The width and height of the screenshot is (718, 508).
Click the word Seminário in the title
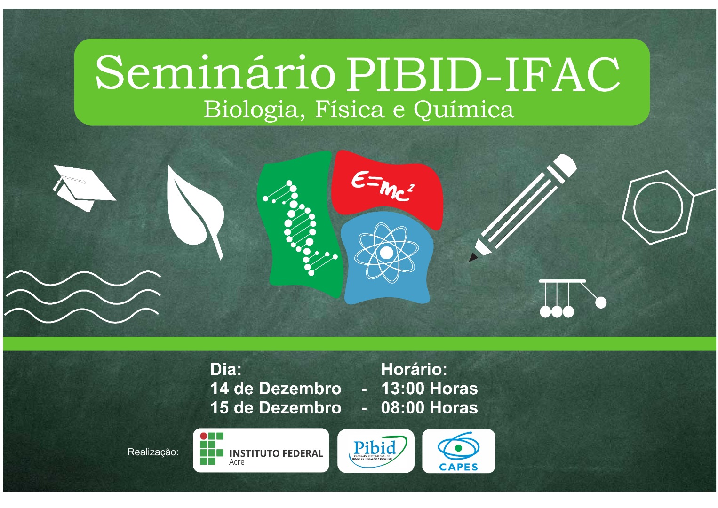[x=215, y=73]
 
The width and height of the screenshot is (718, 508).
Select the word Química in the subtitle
[x=463, y=110]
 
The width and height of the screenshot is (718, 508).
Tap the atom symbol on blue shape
[x=386, y=253]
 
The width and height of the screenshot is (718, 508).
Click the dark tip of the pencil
[x=473, y=257]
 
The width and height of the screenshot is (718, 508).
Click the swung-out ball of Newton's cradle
[x=600, y=303]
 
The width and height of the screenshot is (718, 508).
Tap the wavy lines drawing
[x=82, y=296]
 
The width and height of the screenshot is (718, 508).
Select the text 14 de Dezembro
[x=276, y=389]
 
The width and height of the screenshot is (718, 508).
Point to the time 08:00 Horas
[x=429, y=407]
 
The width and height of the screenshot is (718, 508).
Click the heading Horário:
[x=414, y=369]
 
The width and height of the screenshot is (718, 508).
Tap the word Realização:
[x=153, y=452]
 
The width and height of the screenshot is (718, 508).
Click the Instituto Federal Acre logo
[x=261, y=450]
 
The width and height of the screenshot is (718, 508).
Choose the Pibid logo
[x=375, y=451]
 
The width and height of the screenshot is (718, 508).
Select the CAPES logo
[x=458, y=451]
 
